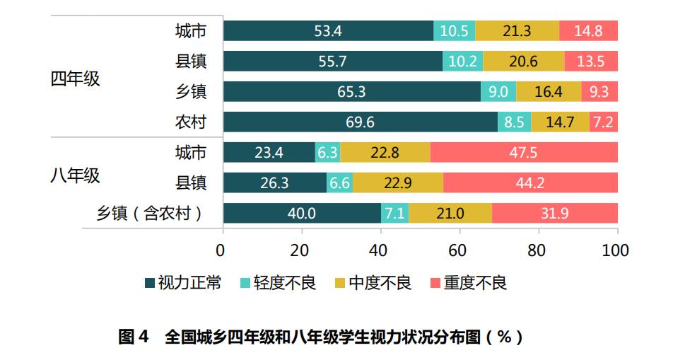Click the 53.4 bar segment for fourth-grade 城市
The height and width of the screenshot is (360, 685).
328,30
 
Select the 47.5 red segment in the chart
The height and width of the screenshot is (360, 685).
524,153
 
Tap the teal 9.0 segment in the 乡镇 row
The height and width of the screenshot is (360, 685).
498,92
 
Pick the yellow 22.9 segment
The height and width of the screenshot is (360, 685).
398,183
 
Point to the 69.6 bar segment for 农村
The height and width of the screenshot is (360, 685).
361,122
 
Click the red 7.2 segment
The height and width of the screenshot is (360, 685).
604,122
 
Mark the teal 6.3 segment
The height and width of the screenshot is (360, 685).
327,153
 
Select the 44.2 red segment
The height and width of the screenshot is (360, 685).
530,183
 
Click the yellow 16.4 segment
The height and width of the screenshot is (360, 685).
549,92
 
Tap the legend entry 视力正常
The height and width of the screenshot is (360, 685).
182,284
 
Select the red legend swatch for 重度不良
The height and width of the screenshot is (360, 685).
435,284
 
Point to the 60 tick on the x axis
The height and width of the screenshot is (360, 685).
459,250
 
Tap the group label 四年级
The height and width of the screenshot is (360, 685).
75,78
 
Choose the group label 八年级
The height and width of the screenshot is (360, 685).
75,176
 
